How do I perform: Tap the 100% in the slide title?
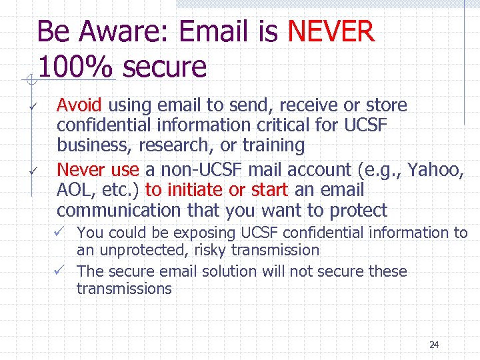coord(76,67)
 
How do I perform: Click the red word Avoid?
coord(79,105)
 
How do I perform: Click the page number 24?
coord(434,345)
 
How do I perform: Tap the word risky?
coord(209,251)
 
